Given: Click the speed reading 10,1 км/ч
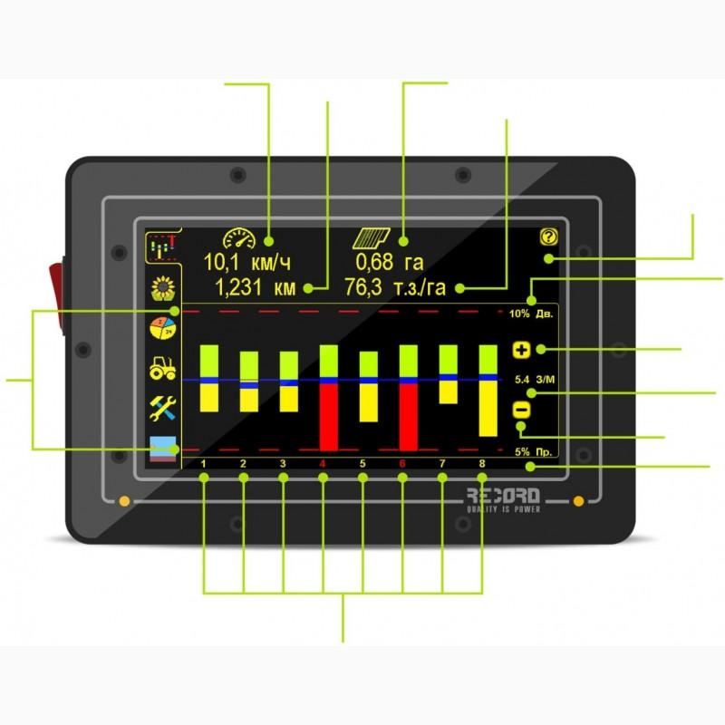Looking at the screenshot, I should (246, 264).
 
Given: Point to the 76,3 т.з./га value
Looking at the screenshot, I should (397, 288).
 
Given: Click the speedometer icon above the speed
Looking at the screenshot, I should (239, 238).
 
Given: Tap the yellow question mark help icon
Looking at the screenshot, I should (546, 238).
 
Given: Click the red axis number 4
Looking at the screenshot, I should (323, 464).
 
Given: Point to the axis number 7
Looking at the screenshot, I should (442, 464).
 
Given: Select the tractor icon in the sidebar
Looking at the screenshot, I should (164, 368).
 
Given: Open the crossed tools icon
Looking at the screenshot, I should (164, 408).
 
